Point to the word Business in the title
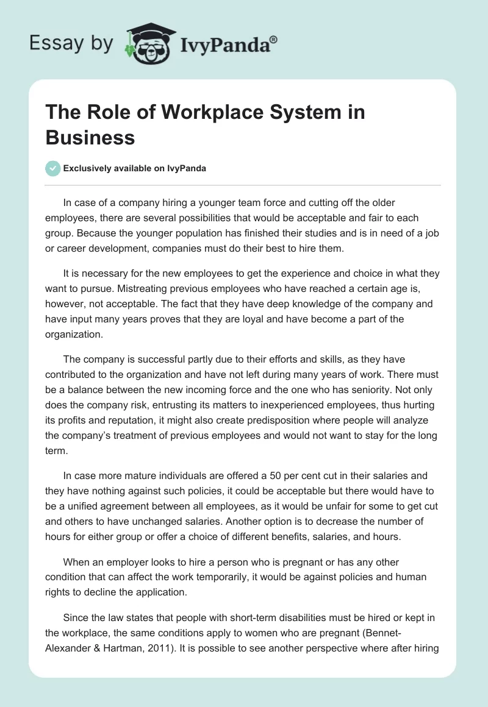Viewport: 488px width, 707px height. click(x=90, y=138)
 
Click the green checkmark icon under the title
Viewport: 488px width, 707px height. click(x=52, y=168)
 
